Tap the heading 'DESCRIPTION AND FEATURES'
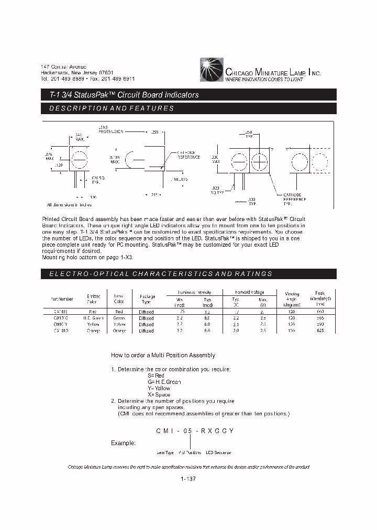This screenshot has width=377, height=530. pos(111,108)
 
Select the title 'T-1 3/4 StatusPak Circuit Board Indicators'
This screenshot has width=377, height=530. pos(120,95)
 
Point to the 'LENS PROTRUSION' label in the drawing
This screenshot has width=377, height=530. pos(110,129)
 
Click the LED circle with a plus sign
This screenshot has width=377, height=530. pos(259,160)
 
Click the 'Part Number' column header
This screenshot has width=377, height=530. pos(62,299)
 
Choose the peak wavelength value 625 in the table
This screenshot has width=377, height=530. pos(320,331)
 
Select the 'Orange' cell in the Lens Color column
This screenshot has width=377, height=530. pos(119,331)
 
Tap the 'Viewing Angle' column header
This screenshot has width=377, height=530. pos(292,299)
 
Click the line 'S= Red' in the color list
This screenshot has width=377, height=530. pos(156,376)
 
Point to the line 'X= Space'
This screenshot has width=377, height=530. pos(159,394)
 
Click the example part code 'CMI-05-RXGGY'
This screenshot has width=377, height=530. pos(194,430)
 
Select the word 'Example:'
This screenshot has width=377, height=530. pos(123,443)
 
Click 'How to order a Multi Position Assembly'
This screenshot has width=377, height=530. pos(163,355)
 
